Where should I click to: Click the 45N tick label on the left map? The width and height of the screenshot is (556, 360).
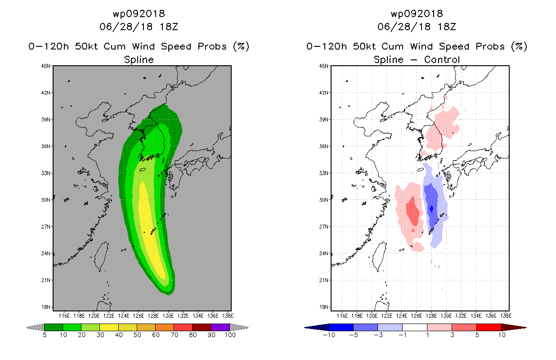coord(46,66)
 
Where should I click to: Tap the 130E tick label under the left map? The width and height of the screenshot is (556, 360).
coord(168,316)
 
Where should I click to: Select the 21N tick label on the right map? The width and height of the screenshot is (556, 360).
coord(324,280)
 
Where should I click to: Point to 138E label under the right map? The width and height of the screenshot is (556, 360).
coord(506,316)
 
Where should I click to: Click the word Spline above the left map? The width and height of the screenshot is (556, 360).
coord(139,60)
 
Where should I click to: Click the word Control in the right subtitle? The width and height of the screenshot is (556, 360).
coord(442,59)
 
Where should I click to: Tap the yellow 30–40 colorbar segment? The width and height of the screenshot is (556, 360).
coord(109,327)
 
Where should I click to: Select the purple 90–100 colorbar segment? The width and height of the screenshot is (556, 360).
coord(220,327)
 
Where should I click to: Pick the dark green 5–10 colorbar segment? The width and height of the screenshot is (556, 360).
coord(54,327)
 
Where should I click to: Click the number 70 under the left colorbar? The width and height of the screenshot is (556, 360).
coord(174,335)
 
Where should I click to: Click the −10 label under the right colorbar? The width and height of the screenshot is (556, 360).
coord(329,335)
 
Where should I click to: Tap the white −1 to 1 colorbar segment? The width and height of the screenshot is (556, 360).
coord(414,327)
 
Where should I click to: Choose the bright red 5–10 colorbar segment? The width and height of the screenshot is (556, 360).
coord(489,327)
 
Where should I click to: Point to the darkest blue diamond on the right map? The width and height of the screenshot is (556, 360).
coord(431,209)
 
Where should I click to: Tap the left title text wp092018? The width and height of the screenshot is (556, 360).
coord(139,14)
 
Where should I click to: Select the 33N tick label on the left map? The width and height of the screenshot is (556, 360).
coord(46,173)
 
